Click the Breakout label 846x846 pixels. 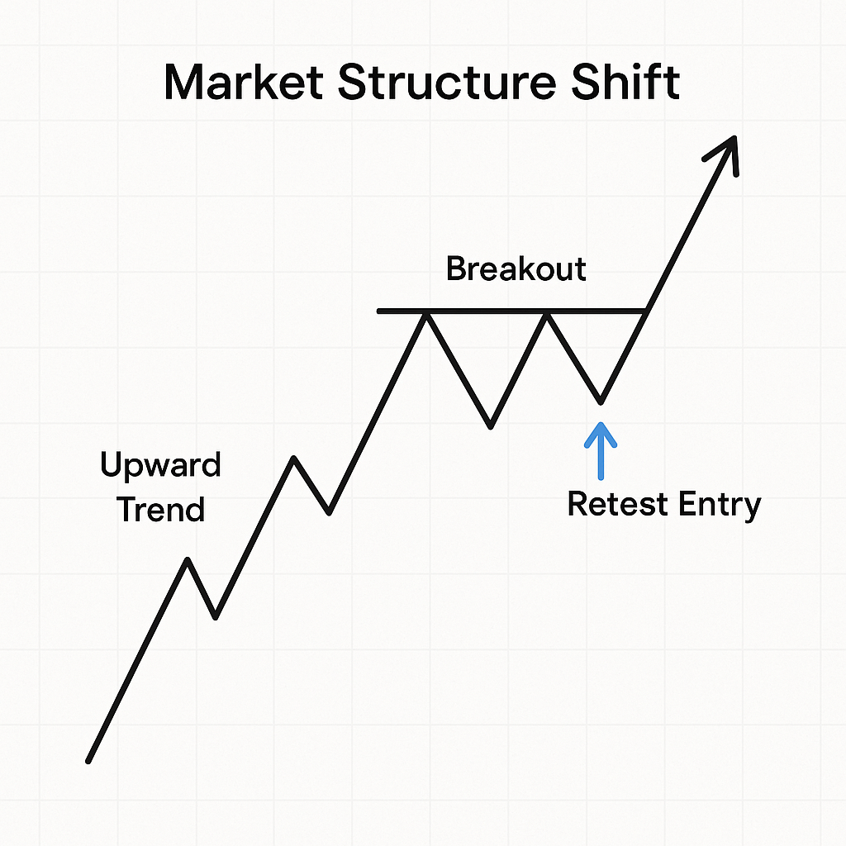(x=516, y=269)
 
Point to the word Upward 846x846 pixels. (x=160, y=466)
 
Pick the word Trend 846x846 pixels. (x=160, y=509)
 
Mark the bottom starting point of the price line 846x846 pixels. (x=88, y=760)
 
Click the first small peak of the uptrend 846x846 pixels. (x=188, y=559)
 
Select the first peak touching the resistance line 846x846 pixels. (x=426, y=312)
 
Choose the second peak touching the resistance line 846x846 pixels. (x=546, y=312)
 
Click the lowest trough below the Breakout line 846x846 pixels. (x=491, y=426)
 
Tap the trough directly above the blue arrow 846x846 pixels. (x=601, y=402)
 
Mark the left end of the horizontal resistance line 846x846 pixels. (x=379, y=311)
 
